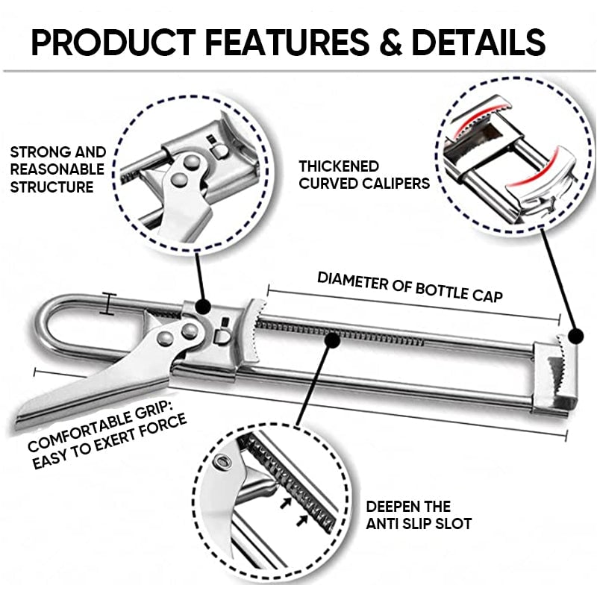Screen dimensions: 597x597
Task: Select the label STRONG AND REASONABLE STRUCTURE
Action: tap(57, 169)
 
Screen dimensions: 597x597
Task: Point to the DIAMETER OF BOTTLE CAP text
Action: tap(410, 287)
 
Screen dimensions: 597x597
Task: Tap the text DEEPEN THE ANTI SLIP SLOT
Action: tap(418, 515)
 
